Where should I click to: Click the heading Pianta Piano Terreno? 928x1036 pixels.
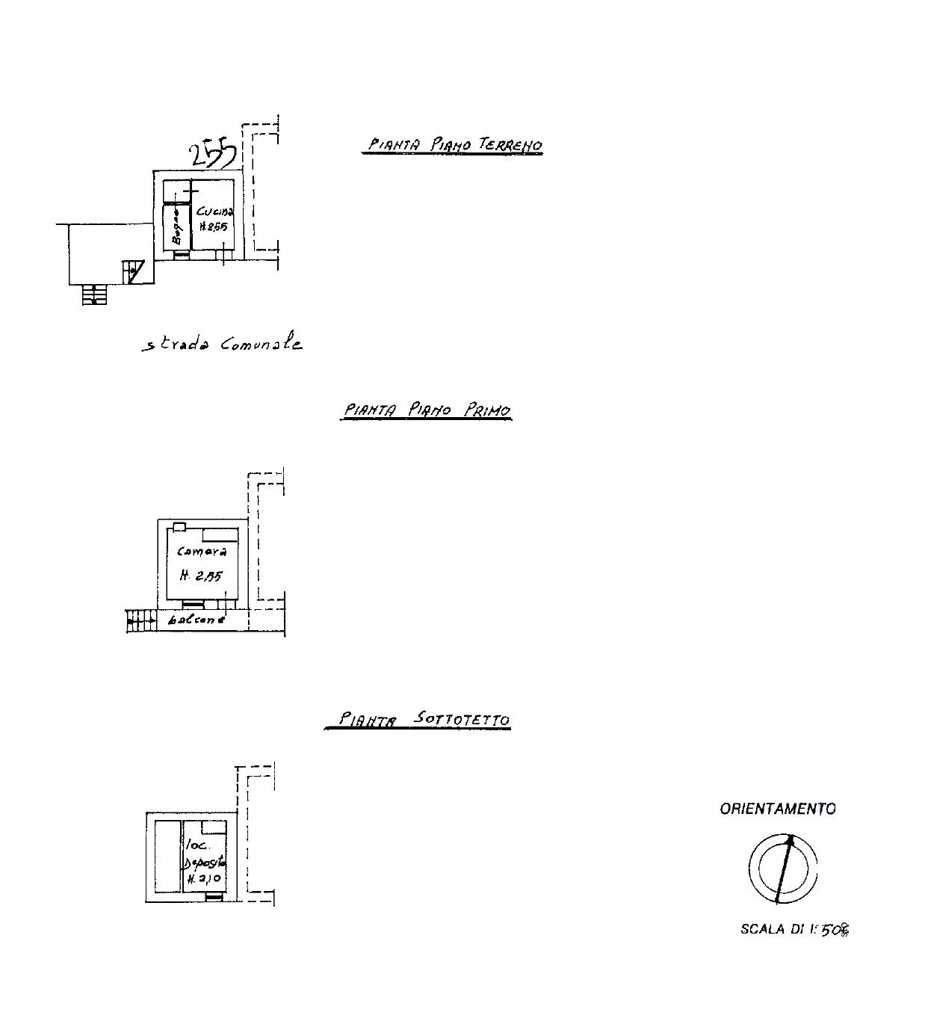click(452, 144)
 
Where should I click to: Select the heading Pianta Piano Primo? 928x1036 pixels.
click(426, 410)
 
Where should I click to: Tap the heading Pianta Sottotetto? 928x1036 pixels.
click(418, 720)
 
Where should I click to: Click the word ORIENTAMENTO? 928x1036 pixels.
click(778, 809)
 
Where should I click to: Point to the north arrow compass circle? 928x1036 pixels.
click(782, 869)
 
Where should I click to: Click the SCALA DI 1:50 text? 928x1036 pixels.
click(795, 930)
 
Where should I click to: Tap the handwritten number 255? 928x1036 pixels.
click(213, 155)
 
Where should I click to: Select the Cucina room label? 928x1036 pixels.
click(215, 212)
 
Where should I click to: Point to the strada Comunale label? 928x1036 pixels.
click(223, 345)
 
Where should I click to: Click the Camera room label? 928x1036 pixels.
click(202, 552)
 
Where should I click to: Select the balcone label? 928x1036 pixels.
click(197, 620)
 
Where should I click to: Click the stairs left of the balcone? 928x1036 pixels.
click(138, 620)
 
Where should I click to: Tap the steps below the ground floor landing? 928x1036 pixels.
click(93, 295)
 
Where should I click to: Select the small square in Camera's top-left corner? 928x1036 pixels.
click(179, 527)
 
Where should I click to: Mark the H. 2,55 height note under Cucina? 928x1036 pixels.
click(213, 227)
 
